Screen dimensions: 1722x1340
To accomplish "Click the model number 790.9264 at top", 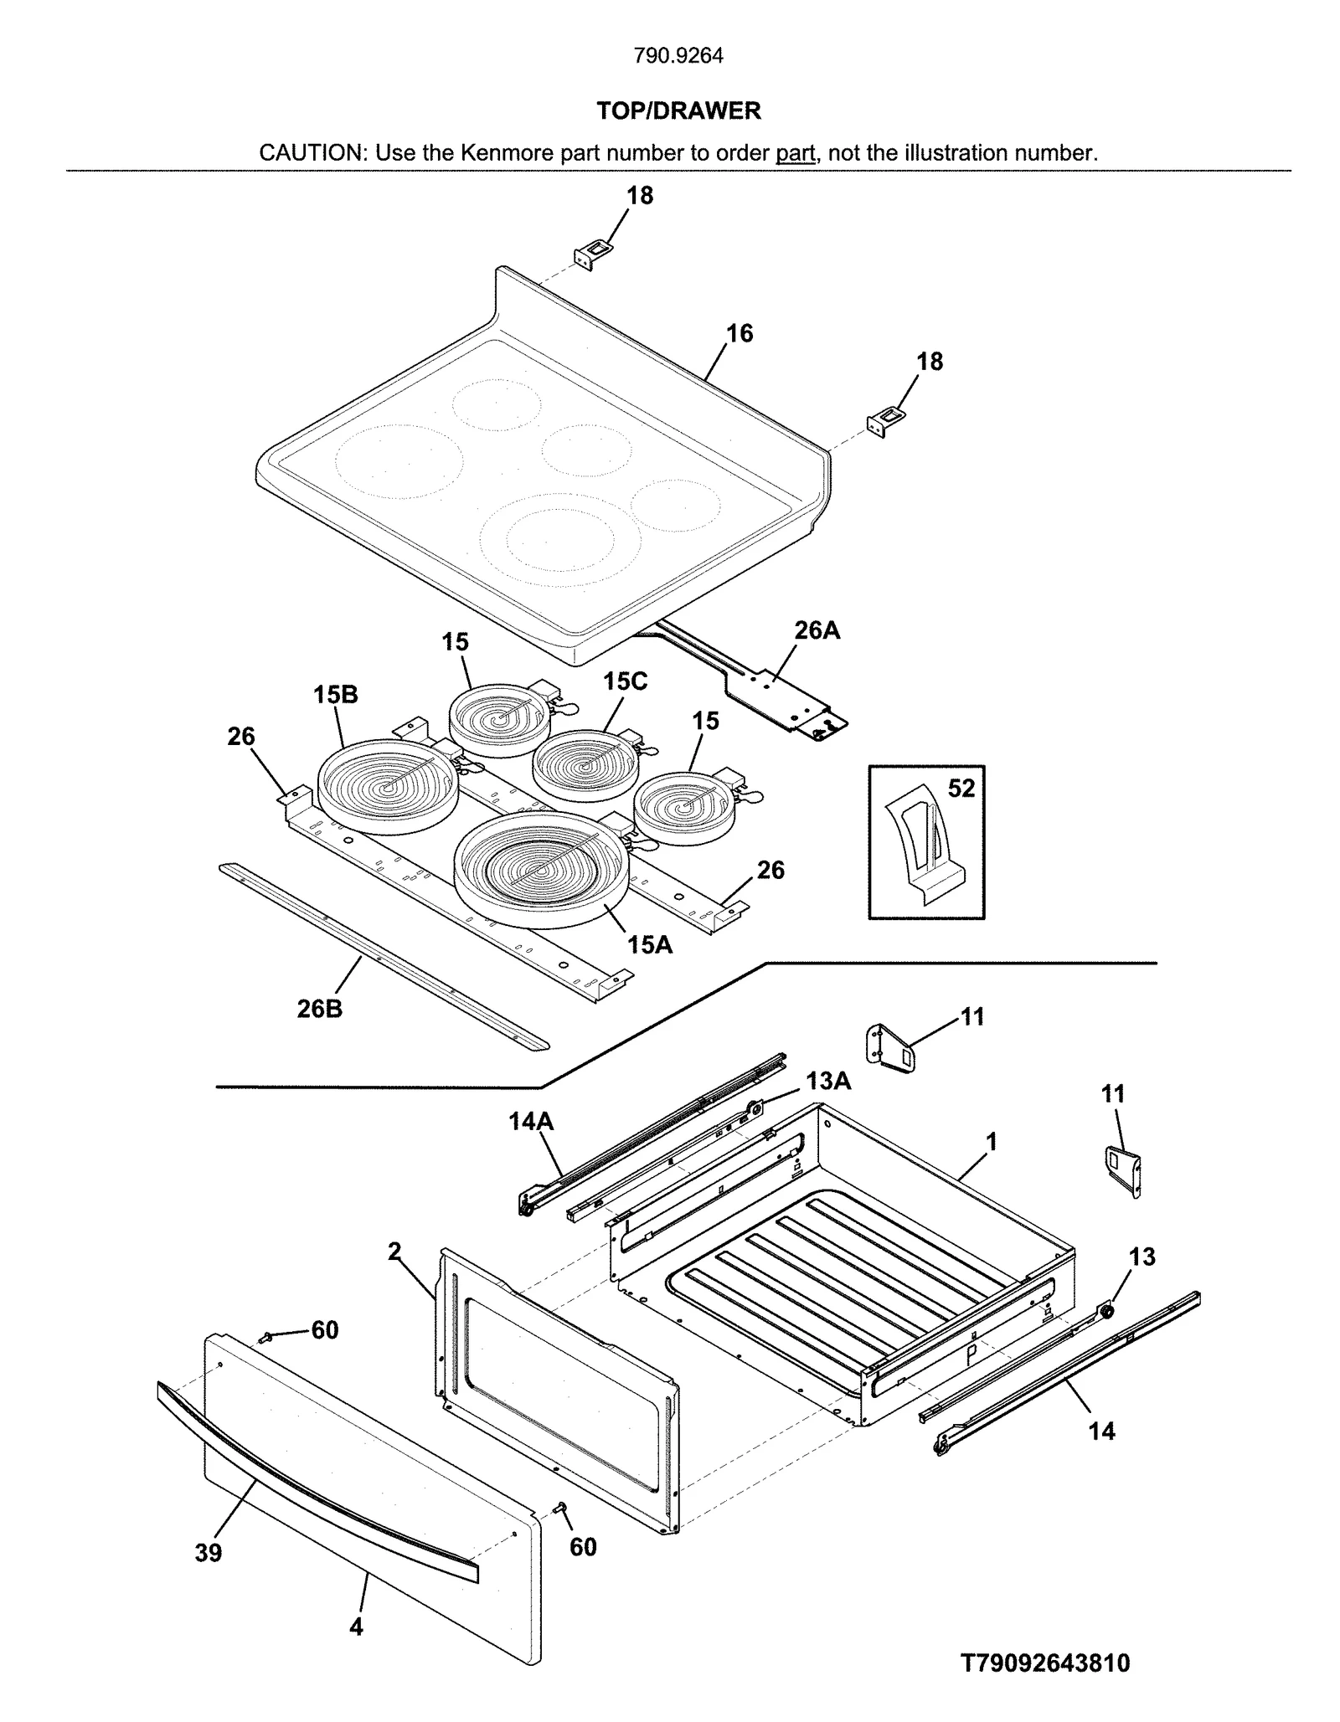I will (x=678, y=56).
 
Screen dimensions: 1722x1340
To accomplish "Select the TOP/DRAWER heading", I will (x=678, y=111).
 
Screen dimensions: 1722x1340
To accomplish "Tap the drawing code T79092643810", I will (x=1045, y=1663).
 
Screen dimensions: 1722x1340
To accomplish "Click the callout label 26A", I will (x=817, y=630).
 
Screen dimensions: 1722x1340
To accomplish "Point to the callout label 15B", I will (x=335, y=695).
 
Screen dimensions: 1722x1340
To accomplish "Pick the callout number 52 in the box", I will (x=961, y=789).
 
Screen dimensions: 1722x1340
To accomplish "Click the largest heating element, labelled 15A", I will (x=540, y=871).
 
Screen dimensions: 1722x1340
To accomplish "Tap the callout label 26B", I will (x=320, y=1009).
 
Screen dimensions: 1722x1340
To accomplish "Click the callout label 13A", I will (x=828, y=1082).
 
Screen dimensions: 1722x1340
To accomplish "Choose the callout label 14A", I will (x=531, y=1121).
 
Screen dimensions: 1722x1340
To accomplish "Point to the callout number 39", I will (x=209, y=1553).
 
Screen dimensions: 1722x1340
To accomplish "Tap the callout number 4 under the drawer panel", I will (x=356, y=1627).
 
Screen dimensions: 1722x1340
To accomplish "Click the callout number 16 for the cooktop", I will (x=739, y=333).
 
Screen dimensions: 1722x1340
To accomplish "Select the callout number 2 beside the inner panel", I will (x=394, y=1251).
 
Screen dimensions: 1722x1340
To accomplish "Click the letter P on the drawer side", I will (x=972, y=1354).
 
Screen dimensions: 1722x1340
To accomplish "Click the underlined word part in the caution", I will (x=795, y=153).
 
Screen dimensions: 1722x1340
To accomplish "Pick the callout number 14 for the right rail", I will (x=1101, y=1431).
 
